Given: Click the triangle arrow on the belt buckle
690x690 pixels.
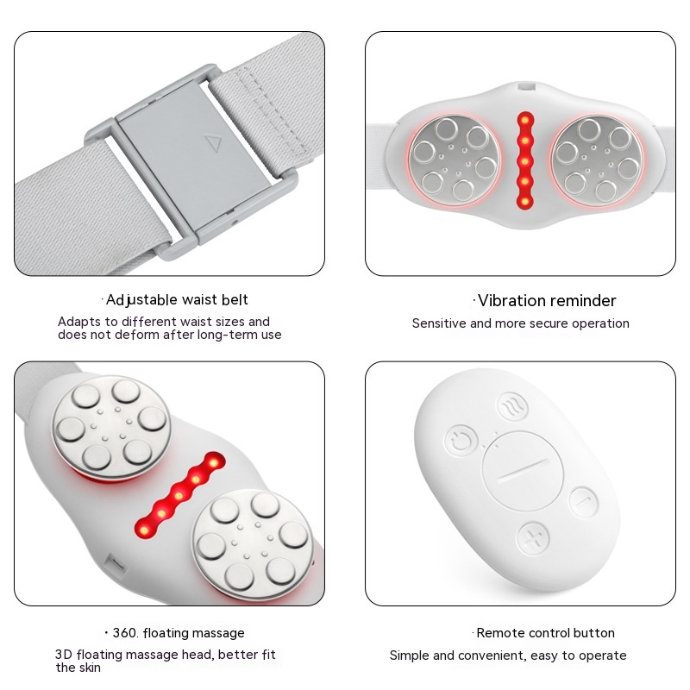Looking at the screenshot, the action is pyautogui.click(x=212, y=143).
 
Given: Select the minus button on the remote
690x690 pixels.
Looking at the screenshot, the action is pyautogui.click(x=584, y=502).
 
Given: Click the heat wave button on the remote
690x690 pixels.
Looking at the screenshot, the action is pyautogui.click(x=512, y=406).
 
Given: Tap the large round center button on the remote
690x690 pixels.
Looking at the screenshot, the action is pyautogui.click(x=523, y=471).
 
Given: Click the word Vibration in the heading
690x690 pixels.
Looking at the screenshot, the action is pyautogui.click(x=512, y=300).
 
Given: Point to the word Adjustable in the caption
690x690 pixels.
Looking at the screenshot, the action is pyautogui.click(x=141, y=300).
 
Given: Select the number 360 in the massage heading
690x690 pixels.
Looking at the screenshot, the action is pyautogui.click(x=124, y=633).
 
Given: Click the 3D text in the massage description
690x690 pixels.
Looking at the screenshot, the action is pyautogui.click(x=63, y=655).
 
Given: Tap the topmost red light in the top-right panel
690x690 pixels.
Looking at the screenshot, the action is pyautogui.click(x=525, y=120).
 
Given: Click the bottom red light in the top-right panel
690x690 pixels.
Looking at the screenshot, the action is pyautogui.click(x=525, y=202).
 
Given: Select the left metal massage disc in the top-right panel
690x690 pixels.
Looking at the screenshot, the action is pyautogui.click(x=455, y=160).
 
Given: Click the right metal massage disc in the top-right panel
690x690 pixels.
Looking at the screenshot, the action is pyautogui.click(x=596, y=160).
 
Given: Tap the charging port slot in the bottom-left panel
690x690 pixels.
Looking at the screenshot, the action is pyautogui.click(x=116, y=563).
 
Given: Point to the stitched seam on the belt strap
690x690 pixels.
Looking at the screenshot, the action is pyautogui.click(x=273, y=112).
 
